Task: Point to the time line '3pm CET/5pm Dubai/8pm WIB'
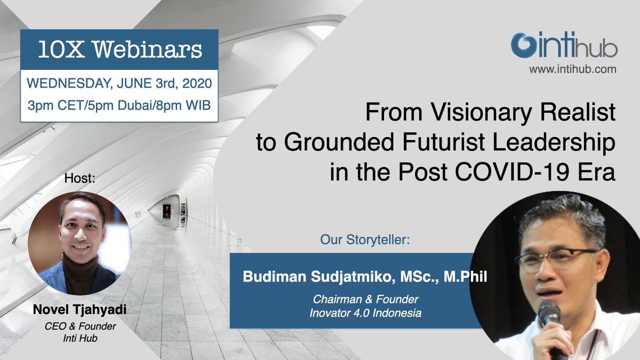(x=119, y=105)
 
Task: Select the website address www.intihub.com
(x=573, y=69)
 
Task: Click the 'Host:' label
(x=79, y=178)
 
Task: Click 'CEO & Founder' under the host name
(x=79, y=326)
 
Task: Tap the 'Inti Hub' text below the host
(x=79, y=338)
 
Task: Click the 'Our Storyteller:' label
(x=365, y=240)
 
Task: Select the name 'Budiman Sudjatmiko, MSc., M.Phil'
(x=365, y=277)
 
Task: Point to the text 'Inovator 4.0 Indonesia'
(x=365, y=313)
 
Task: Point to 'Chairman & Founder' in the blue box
(x=365, y=300)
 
